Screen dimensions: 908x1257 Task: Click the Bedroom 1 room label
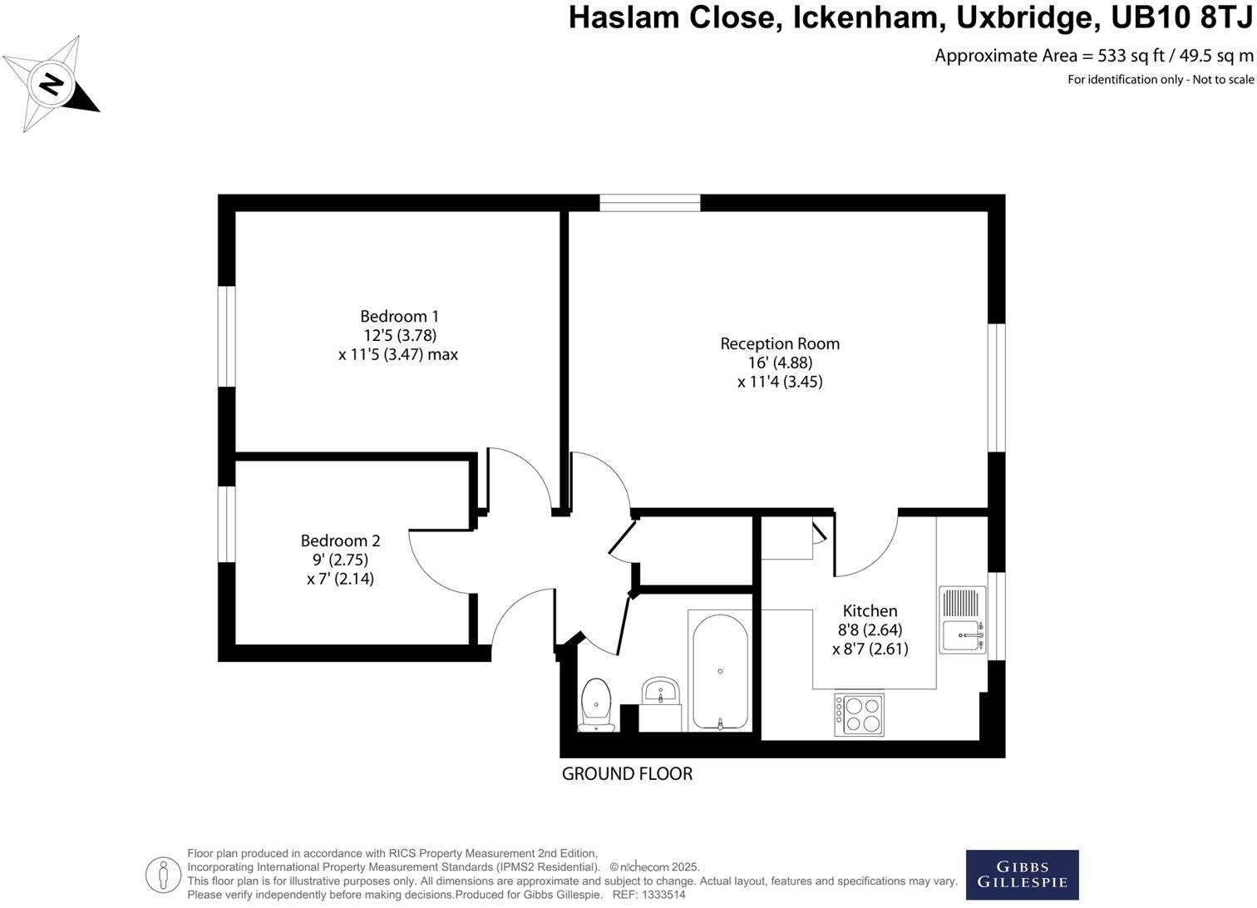point(399,317)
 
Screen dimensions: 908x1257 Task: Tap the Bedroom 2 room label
point(340,540)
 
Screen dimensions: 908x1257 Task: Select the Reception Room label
point(780,343)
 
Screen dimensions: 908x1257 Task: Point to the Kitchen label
point(870,610)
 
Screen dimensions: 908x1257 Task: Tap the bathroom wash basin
point(661,692)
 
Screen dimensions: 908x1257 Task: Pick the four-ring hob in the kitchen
point(859,715)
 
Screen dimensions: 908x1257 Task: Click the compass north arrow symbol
point(52,84)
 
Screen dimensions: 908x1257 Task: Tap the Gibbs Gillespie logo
point(1022,875)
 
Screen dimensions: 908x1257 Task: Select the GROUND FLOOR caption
point(627,774)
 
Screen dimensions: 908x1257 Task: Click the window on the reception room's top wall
point(650,203)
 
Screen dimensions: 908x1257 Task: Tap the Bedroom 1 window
point(227,337)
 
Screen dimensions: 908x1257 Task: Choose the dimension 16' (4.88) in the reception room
point(780,363)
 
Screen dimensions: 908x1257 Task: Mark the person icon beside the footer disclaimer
point(163,875)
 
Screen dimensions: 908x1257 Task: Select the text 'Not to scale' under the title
point(1223,80)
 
